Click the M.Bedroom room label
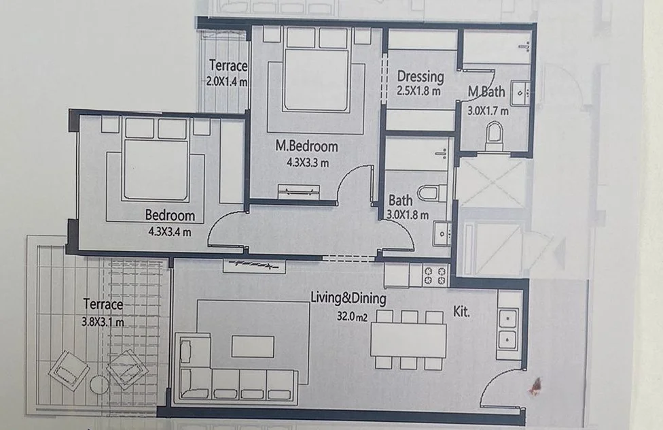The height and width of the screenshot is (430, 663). [306, 146]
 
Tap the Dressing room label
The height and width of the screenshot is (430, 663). [420, 76]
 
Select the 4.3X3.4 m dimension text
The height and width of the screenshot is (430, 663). [170, 232]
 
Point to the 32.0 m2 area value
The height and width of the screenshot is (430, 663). [352, 316]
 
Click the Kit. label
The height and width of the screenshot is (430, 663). [461, 312]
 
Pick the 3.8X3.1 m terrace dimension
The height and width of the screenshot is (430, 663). [103, 322]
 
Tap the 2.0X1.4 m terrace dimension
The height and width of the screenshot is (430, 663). [227, 82]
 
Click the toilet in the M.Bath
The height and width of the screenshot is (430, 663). [494, 135]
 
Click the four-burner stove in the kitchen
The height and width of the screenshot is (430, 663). [435, 276]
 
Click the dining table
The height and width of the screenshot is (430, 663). [408, 340]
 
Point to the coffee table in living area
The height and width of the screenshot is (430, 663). [253, 346]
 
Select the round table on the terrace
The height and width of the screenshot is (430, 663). [99, 384]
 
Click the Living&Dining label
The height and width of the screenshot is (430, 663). [348, 298]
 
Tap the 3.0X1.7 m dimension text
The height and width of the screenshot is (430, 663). [488, 111]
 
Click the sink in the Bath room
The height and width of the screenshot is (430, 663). [442, 234]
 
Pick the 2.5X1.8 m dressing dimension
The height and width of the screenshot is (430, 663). [418, 90]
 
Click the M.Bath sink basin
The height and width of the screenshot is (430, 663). [520, 93]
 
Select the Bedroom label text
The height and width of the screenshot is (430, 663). [170, 215]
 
